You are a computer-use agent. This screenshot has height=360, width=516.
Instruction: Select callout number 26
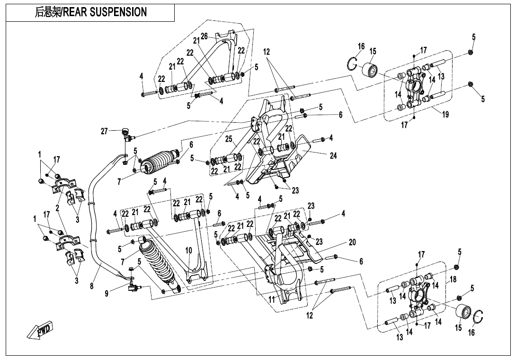tap(204, 36)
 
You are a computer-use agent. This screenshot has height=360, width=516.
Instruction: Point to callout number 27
tap(104, 131)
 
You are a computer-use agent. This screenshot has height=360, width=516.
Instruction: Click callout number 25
tap(229, 139)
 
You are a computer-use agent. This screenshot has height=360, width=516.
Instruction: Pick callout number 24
tap(333, 156)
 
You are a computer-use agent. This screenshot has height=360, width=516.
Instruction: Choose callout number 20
tap(352, 242)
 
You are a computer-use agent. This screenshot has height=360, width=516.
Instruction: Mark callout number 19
tap(445, 114)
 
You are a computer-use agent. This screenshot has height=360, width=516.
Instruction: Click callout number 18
tap(453, 279)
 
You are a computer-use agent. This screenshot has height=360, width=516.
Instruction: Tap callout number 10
tap(188, 250)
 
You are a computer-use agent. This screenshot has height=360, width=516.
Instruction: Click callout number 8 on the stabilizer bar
tap(91, 286)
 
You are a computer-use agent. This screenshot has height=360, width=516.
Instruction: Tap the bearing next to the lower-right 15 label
tap(464, 313)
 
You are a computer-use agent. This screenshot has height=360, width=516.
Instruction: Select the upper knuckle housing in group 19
tap(415, 85)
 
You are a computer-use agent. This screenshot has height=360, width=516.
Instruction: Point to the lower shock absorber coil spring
tap(156, 263)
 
